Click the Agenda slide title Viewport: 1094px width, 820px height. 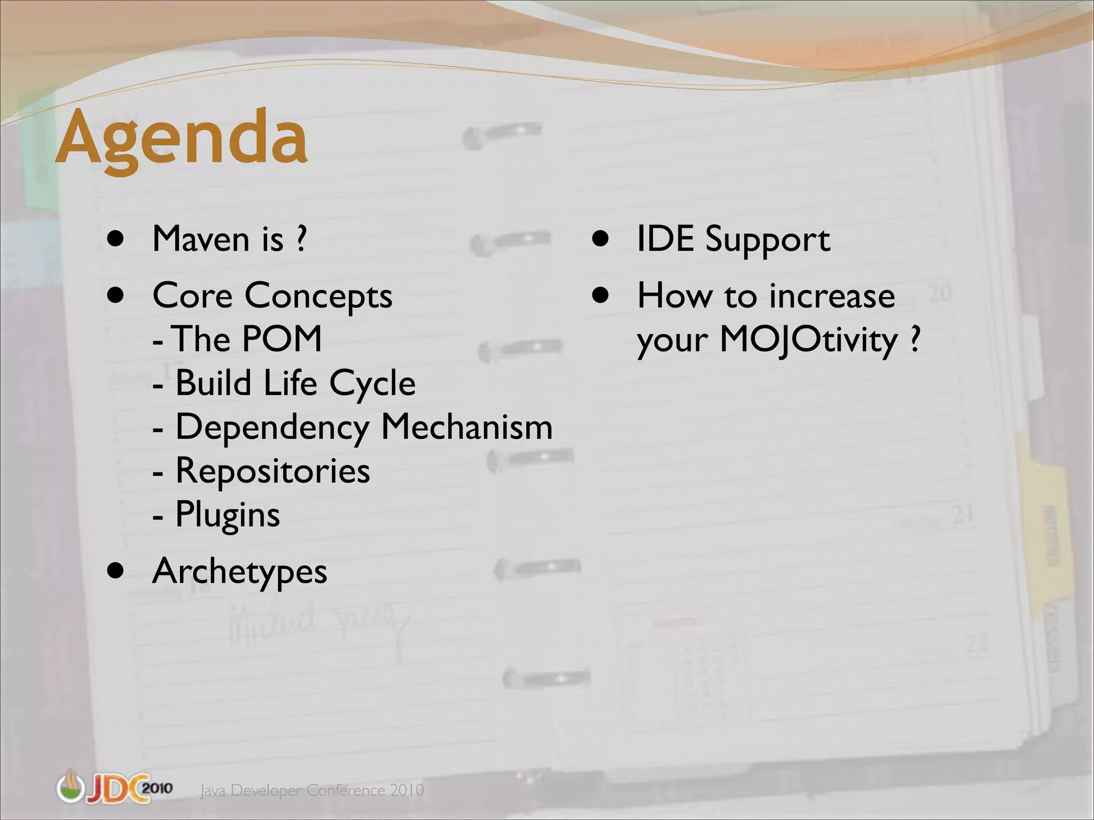click(x=182, y=138)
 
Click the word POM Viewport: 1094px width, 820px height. click(x=282, y=339)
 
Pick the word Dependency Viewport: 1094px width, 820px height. click(x=272, y=428)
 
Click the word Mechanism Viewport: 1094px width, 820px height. click(x=467, y=427)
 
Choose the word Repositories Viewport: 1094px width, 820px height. click(x=272, y=471)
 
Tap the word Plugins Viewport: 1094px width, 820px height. click(x=228, y=516)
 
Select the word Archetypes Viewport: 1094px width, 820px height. click(x=240, y=572)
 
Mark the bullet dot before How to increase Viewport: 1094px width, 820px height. click(x=600, y=295)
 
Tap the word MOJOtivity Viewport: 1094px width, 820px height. click(x=809, y=340)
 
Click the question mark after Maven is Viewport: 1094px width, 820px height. click(x=301, y=239)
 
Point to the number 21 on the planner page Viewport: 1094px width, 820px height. click(x=963, y=515)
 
